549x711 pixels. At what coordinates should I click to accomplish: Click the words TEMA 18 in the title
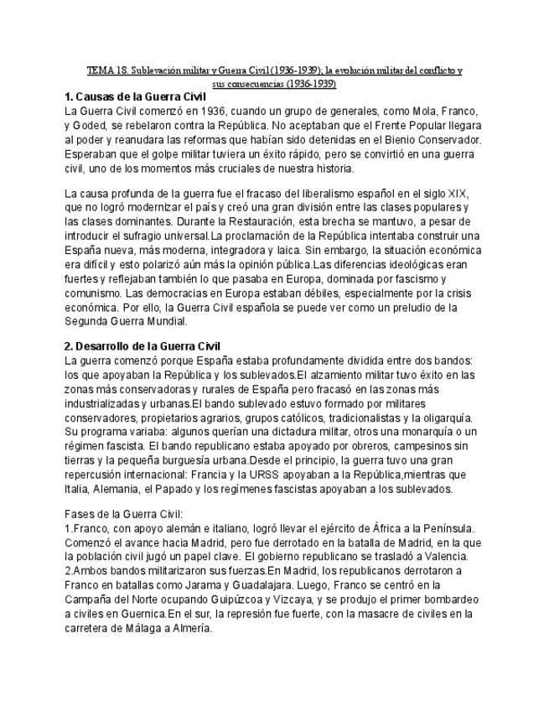point(105,71)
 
